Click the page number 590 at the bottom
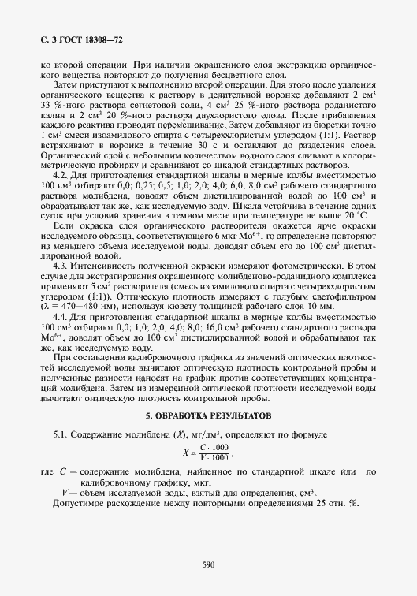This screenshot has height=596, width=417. pyautogui.click(x=208, y=564)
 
